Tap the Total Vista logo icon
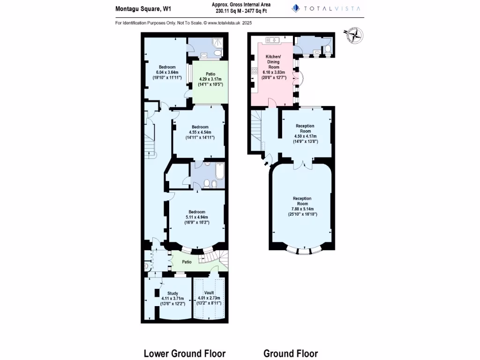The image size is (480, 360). (296, 8)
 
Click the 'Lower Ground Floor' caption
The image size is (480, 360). (184, 353)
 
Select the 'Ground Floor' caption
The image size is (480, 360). (291, 353)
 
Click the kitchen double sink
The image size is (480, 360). (272, 40)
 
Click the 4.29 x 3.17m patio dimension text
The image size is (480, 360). (210, 79)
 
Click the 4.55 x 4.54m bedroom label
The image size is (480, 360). (200, 132)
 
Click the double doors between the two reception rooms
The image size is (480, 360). (303, 164)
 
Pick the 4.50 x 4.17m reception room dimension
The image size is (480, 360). (305, 136)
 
